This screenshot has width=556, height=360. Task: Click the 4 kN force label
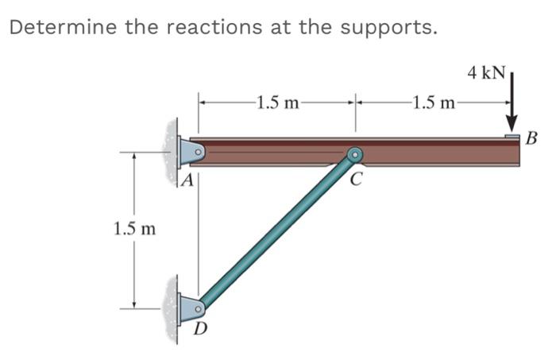click(485, 73)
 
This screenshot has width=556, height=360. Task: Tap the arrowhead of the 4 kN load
click(512, 126)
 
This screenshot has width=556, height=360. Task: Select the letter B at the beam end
click(532, 140)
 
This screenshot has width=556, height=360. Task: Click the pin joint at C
click(354, 154)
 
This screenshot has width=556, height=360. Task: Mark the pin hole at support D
click(199, 306)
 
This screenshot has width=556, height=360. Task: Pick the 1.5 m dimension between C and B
click(434, 103)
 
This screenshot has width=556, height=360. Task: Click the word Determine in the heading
click(56, 27)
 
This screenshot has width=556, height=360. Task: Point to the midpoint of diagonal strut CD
click(277, 230)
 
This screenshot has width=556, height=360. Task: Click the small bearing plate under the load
click(512, 137)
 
